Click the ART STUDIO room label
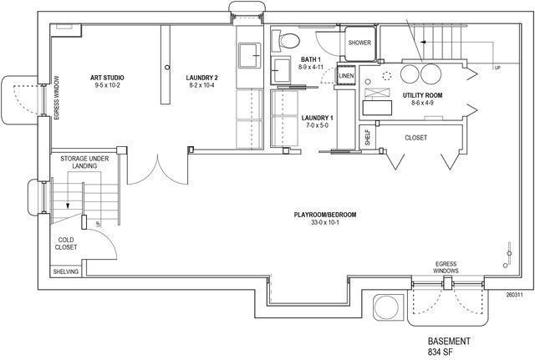(107, 77)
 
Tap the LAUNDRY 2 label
(203, 77)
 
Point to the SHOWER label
(359, 42)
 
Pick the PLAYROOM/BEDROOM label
(324, 215)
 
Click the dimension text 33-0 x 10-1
(324, 223)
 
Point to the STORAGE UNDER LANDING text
(79, 162)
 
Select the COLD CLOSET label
(67, 243)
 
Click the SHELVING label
(66, 271)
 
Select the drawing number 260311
(514, 294)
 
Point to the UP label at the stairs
(498, 68)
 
